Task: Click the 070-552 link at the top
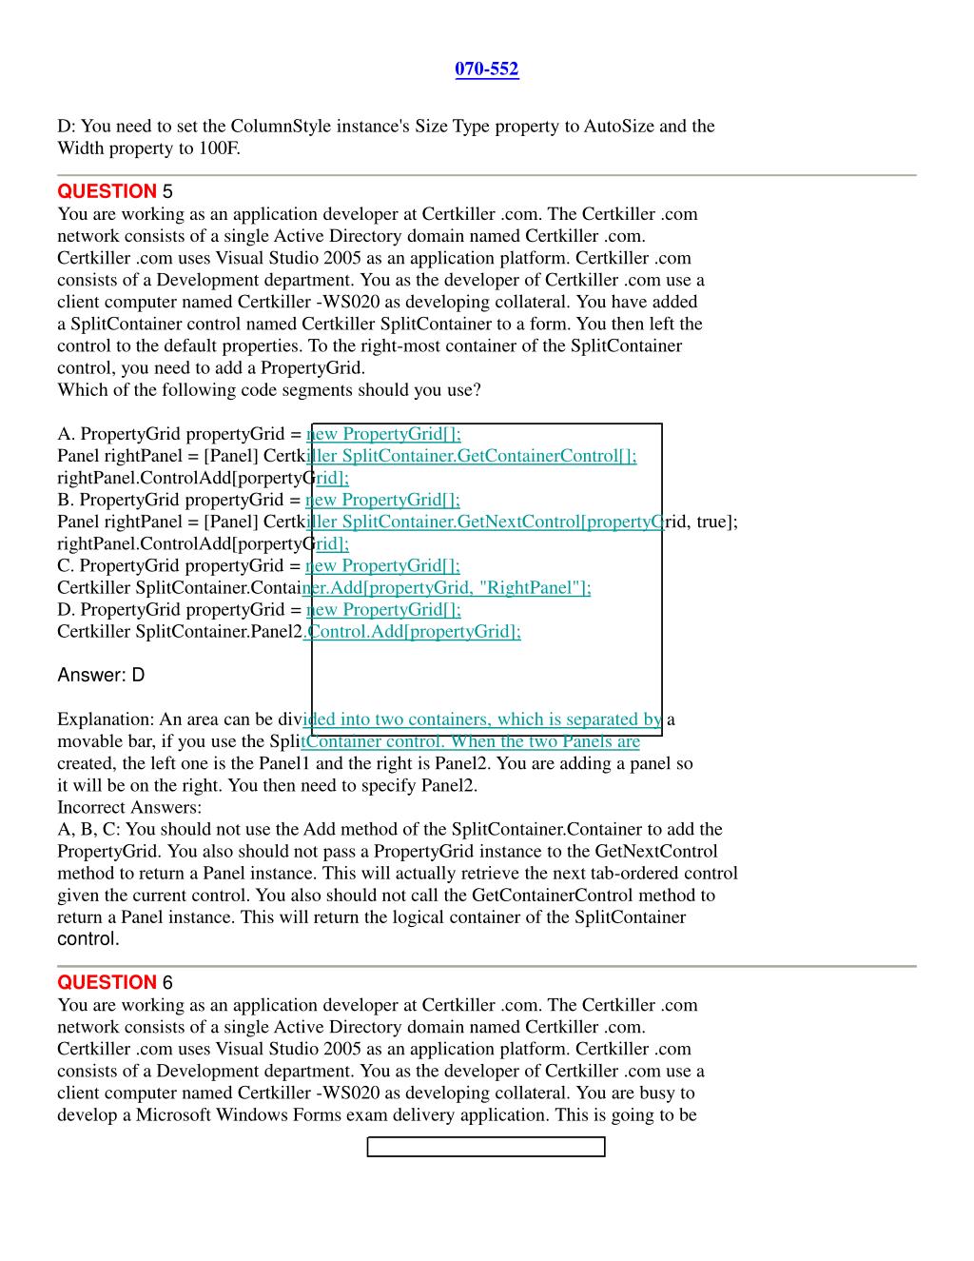(487, 69)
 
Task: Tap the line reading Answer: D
(101, 676)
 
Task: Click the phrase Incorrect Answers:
(129, 807)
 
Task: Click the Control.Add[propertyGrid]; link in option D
(414, 632)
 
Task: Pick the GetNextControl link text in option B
(519, 522)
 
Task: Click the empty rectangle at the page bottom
(486, 1147)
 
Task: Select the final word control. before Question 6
(88, 939)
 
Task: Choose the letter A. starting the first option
(67, 434)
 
